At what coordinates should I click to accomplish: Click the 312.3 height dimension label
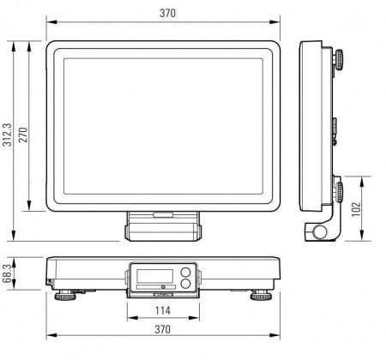click(x=7, y=135)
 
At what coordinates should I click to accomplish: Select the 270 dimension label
click(x=23, y=135)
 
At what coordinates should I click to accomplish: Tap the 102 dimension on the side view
click(x=356, y=209)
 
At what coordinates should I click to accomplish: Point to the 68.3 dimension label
click(x=7, y=273)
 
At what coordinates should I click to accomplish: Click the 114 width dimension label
click(x=163, y=310)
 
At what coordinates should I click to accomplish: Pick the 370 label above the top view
click(x=168, y=13)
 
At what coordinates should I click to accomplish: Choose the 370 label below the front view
click(x=163, y=329)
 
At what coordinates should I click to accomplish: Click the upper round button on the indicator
click(x=185, y=272)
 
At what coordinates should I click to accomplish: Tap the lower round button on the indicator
click(x=185, y=284)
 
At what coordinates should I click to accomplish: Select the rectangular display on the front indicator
click(x=155, y=276)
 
